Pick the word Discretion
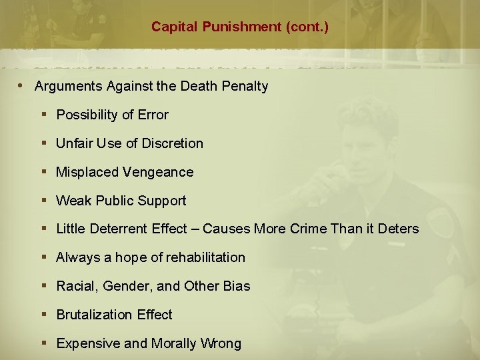tap(172, 143)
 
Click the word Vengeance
tap(159, 172)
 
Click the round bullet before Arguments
tap(22, 85)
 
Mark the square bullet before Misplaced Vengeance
tap(44, 172)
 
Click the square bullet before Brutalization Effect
tap(44, 315)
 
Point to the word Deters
tap(399, 229)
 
